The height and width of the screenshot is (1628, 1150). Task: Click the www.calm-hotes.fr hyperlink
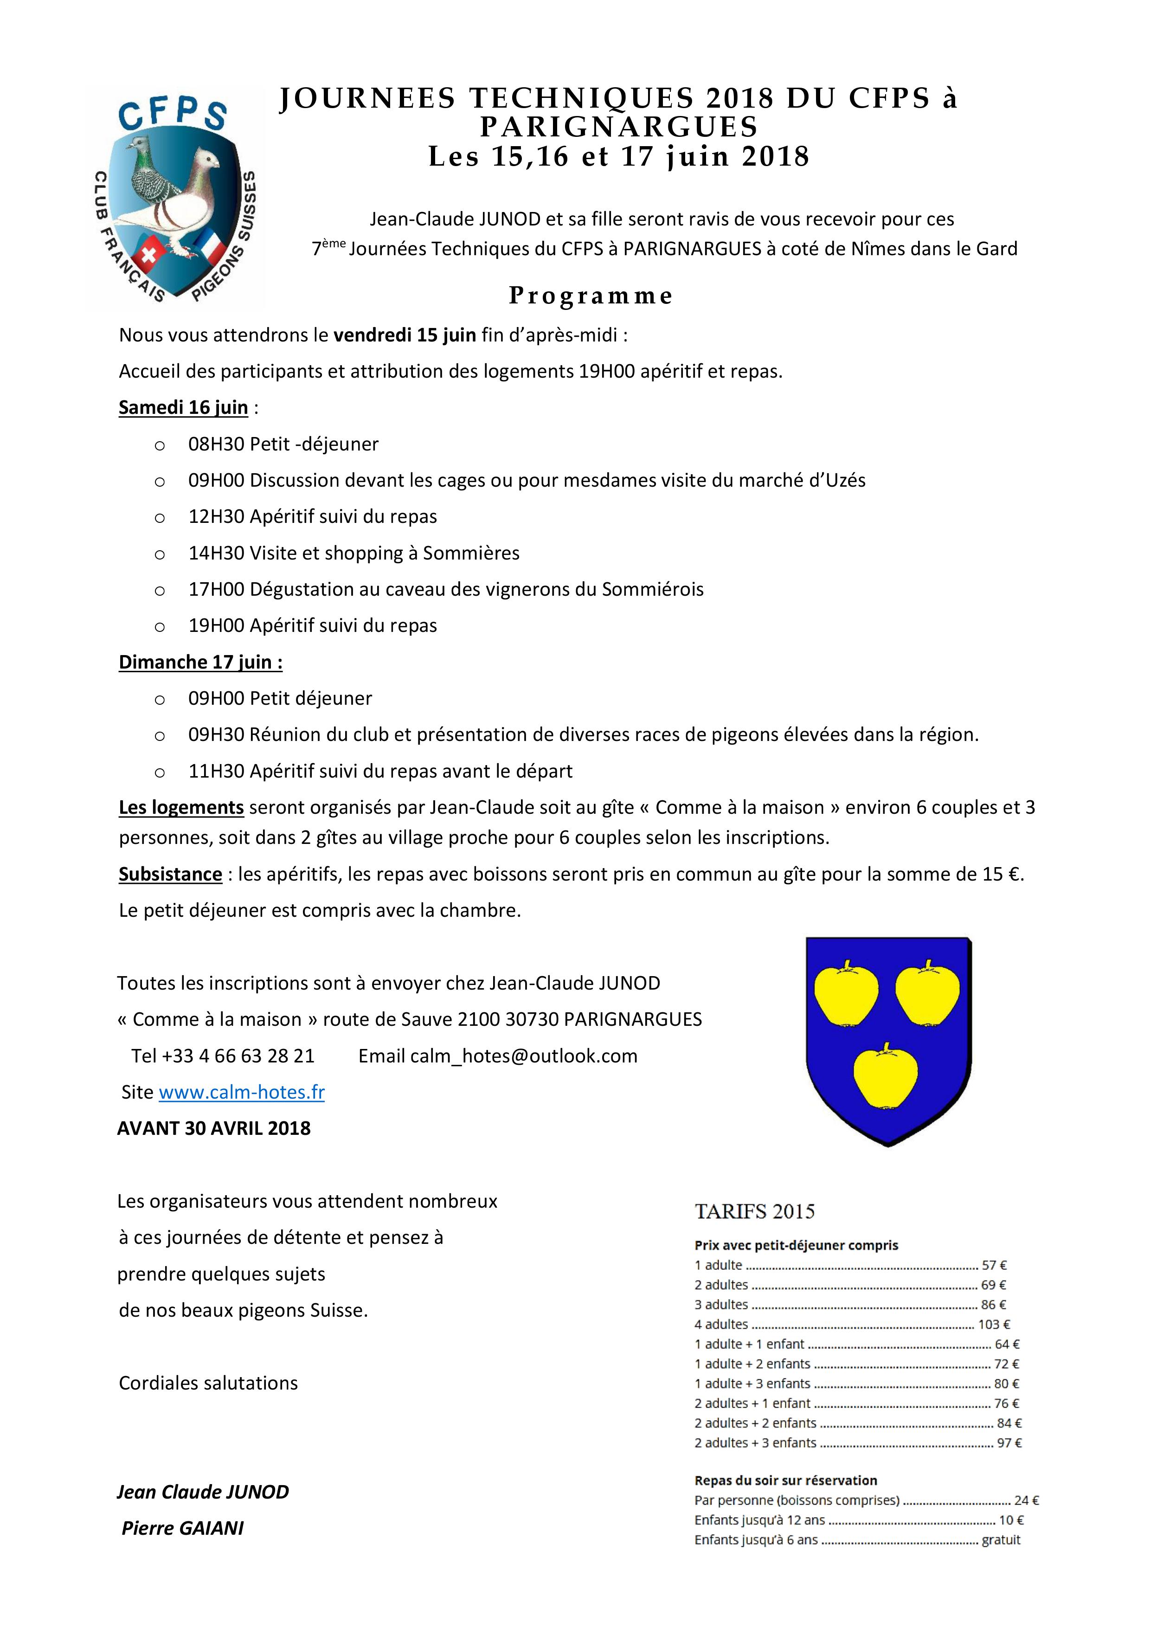pyautogui.click(x=241, y=1092)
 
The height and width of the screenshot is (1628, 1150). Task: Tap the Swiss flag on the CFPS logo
pyautogui.click(x=149, y=255)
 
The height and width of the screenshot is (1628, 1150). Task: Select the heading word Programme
pyautogui.click(x=591, y=296)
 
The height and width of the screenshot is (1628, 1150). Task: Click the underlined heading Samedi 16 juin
pyautogui.click(x=183, y=408)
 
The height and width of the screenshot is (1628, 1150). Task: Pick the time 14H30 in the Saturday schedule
pyautogui.click(x=216, y=553)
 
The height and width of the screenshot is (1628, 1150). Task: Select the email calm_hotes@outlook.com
pyautogui.click(x=523, y=1056)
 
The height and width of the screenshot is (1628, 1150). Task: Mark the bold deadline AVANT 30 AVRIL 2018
pyautogui.click(x=213, y=1128)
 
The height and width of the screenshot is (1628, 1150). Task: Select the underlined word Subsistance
pyautogui.click(x=170, y=874)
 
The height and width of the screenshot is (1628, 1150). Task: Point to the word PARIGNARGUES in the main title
pyautogui.click(x=618, y=128)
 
